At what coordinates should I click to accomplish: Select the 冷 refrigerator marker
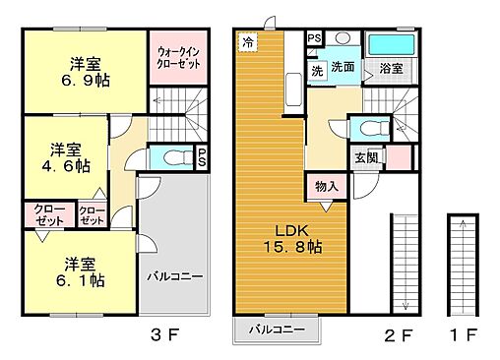tap(248, 42)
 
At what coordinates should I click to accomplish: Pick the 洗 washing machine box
tap(317, 71)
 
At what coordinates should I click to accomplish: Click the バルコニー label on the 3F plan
tap(175, 276)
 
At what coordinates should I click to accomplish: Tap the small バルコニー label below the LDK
tap(276, 329)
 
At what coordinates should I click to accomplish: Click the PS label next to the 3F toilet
tap(201, 156)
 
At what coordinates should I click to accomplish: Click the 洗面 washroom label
tap(343, 68)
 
